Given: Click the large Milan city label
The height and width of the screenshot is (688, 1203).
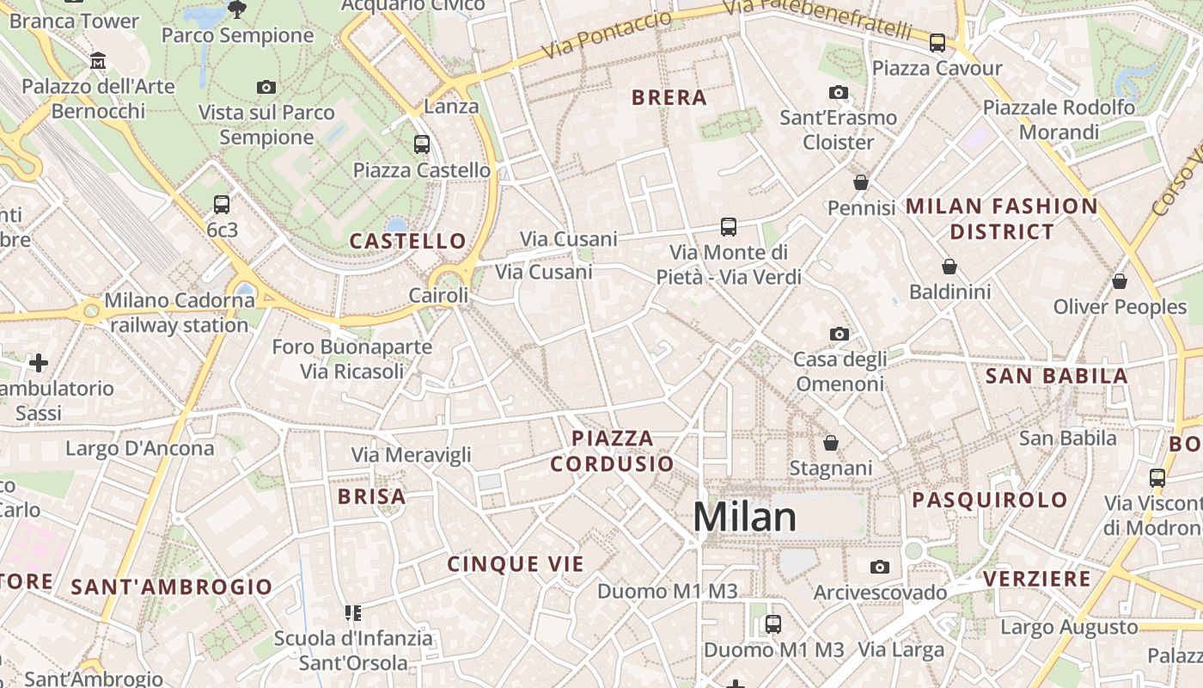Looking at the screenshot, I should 744,517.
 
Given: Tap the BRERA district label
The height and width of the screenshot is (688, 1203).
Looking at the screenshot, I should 669,97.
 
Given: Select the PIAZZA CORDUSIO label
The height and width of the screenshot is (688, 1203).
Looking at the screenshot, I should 613,451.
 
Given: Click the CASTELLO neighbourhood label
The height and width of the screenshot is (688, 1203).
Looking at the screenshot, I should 407,241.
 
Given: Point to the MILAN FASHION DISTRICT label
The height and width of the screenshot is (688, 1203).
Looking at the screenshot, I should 1002,218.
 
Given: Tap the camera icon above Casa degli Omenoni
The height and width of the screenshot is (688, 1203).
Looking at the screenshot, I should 840,334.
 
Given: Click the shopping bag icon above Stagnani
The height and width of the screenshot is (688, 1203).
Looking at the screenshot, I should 831,443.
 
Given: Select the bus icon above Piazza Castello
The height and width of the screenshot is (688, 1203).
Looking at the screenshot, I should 421,144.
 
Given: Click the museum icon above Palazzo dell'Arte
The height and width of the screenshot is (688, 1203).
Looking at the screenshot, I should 98,61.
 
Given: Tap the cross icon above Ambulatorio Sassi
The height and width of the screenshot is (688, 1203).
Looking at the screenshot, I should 38,363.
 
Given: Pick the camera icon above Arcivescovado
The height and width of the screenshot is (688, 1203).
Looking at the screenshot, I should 879,567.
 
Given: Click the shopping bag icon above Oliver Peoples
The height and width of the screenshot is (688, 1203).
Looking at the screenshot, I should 1120,281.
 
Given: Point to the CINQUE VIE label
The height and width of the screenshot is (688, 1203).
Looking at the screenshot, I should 516,564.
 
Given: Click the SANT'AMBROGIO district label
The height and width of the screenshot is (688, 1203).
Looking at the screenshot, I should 172,587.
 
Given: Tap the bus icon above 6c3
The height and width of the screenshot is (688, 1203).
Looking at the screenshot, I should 222,205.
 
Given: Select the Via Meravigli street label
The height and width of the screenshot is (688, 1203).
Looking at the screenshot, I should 411,454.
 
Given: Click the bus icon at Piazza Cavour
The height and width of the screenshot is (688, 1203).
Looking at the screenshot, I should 937,42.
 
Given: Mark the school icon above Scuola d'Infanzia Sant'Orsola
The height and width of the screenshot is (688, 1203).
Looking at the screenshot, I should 353,612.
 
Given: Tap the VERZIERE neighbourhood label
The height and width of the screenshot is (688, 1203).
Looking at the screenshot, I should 1037,579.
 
